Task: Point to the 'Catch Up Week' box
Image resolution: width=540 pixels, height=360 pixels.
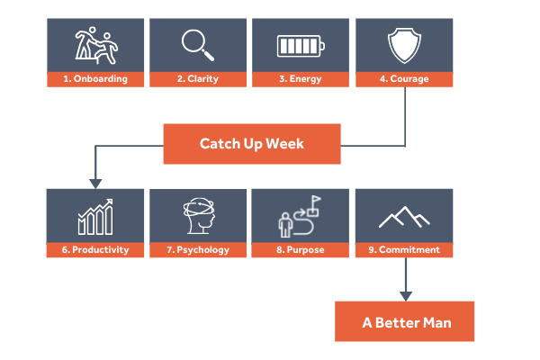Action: (x=252, y=144)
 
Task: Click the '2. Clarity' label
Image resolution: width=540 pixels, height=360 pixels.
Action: (x=198, y=79)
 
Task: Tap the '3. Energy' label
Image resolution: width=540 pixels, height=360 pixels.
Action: (x=301, y=79)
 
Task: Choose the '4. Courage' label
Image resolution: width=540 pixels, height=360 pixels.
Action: (x=403, y=79)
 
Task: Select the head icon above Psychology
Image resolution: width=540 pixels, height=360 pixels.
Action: (x=198, y=216)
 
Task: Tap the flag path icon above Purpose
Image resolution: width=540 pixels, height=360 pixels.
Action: (x=301, y=216)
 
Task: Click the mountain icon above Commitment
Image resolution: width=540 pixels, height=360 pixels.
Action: (x=402, y=217)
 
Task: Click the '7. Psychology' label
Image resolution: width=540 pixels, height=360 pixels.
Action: (x=198, y=249)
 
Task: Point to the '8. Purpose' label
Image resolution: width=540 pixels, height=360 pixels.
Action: (x=301, y=249)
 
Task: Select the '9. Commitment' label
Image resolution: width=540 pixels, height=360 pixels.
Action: (x=403, y=249)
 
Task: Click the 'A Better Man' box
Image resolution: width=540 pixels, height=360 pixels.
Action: (x=403, y=321)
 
